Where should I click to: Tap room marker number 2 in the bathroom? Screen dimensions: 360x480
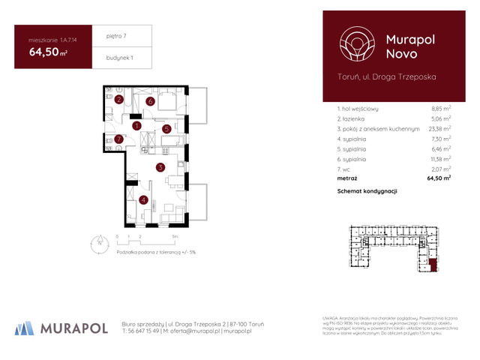click(119, 100)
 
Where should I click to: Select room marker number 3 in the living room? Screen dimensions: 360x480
click(160, 168)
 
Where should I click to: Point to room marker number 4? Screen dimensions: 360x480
click(142, 199)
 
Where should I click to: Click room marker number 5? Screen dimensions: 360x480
click(167, 129)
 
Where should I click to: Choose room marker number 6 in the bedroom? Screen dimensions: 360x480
click(150, 101)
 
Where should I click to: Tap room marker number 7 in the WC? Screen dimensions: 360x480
click(118, 139)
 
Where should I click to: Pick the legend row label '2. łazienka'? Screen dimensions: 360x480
click(352, 119)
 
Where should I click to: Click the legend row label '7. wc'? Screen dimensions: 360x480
click(346, 169)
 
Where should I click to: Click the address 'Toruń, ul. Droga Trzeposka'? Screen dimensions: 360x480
click(387, 76)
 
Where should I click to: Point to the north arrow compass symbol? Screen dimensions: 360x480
click(99, 241)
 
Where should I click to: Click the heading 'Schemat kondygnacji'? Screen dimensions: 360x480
click(367, 192)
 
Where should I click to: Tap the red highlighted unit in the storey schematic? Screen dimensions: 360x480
click(434, 263)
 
